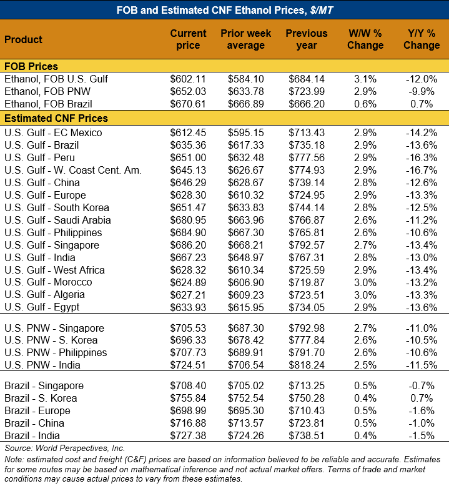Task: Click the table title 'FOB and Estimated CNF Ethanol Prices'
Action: tap(224, 9)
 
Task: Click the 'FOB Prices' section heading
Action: tap(31, 66)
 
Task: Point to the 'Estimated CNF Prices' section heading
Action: tap(56, 118)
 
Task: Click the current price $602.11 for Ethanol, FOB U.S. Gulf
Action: tap(188, 79)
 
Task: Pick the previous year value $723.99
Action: tap(307, 91)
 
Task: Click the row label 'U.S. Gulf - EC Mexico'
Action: tap(53, 132)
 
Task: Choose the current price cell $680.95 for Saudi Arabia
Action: tap(188, 220)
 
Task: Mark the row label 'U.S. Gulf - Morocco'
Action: tap(48, 282)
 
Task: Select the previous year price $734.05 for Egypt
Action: tap(307, 307)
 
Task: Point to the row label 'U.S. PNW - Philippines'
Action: tap(56, 353)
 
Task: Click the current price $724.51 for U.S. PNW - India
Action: tap(188, 365)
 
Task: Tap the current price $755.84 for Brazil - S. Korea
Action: tap(188, 399)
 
